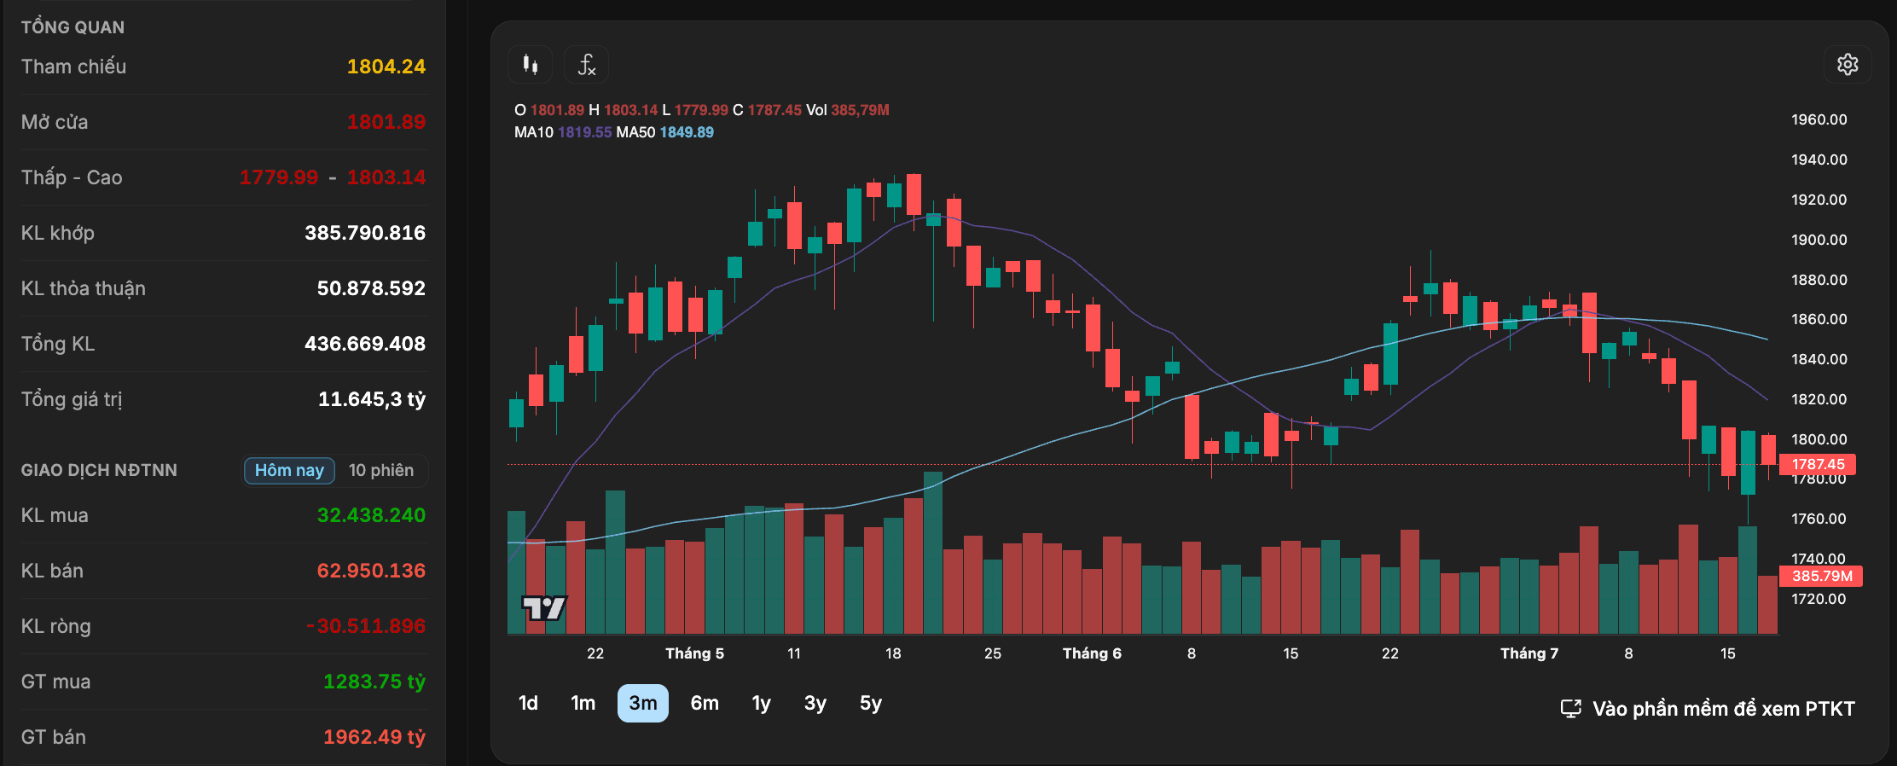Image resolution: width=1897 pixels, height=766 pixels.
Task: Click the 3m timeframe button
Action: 643,703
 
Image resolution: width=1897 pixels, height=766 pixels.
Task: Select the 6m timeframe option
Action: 705,703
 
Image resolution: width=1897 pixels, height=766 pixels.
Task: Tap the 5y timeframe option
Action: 871,703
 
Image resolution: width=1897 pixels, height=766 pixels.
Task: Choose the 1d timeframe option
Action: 528,703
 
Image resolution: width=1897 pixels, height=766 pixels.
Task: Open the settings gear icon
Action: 1848,65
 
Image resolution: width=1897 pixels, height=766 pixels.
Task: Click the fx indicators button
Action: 587,65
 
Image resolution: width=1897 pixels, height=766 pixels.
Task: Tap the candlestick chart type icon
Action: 531,65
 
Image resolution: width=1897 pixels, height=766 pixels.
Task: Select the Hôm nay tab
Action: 289,471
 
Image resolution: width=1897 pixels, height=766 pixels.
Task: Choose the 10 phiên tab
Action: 381,471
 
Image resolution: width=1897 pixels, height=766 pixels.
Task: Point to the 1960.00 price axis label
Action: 1819,119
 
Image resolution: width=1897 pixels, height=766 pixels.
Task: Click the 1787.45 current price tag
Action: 1818,464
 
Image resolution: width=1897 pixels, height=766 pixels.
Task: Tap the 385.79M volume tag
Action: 1821,576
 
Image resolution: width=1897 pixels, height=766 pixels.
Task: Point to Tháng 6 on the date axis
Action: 1092,653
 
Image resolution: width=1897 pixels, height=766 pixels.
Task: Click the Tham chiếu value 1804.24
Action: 386,67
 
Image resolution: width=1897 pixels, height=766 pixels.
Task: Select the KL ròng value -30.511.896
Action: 366,626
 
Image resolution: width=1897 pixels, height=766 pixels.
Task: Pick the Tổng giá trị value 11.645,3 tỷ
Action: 372,399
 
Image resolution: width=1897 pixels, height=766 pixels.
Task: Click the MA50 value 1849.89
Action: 687,132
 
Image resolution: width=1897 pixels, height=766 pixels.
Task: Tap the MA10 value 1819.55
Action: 585,132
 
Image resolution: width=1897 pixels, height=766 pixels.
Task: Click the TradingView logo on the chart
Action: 544,608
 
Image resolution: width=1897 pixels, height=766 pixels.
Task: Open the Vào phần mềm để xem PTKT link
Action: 1708,709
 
